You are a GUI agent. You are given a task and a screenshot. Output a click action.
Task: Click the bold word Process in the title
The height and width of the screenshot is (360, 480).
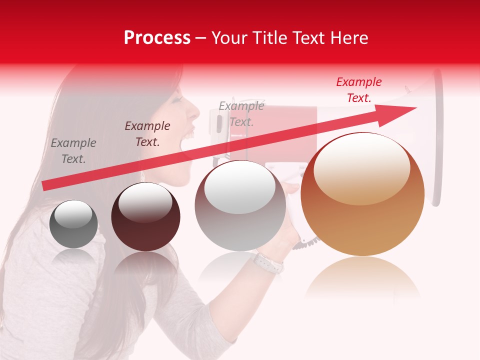pyautogui.click(x=157, y=38)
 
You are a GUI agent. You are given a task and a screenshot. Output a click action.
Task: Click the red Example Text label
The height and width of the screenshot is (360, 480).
pyautogui.click(x=358, y=90)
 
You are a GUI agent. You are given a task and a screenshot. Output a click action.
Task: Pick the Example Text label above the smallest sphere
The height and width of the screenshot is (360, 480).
pyautogui.click(x=73, y=151)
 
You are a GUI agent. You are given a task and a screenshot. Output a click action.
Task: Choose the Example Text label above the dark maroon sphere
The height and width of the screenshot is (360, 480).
pyautogui.click(x=147, y=134)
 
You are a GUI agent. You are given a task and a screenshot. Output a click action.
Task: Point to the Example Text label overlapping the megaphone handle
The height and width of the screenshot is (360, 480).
pyautogui.click(x=241, y=114)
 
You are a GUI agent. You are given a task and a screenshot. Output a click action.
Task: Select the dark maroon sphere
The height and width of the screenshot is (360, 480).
pyautogui.click(x=145, y=217)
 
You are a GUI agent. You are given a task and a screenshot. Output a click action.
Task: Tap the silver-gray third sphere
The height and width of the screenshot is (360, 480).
pyautogui.click(x=240, y=206)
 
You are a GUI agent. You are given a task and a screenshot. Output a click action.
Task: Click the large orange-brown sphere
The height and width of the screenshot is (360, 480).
pyautogui.click(x=362, y=195)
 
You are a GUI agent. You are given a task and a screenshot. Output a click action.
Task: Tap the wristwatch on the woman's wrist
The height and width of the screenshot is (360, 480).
pyautogui.click(x=267, y=262)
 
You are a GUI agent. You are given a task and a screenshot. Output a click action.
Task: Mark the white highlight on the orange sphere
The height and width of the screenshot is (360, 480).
pyautogui.click(x=361, y=167)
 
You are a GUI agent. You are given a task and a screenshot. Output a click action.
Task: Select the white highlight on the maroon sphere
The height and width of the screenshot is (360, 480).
pyautogui.click(x=145, y=202)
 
